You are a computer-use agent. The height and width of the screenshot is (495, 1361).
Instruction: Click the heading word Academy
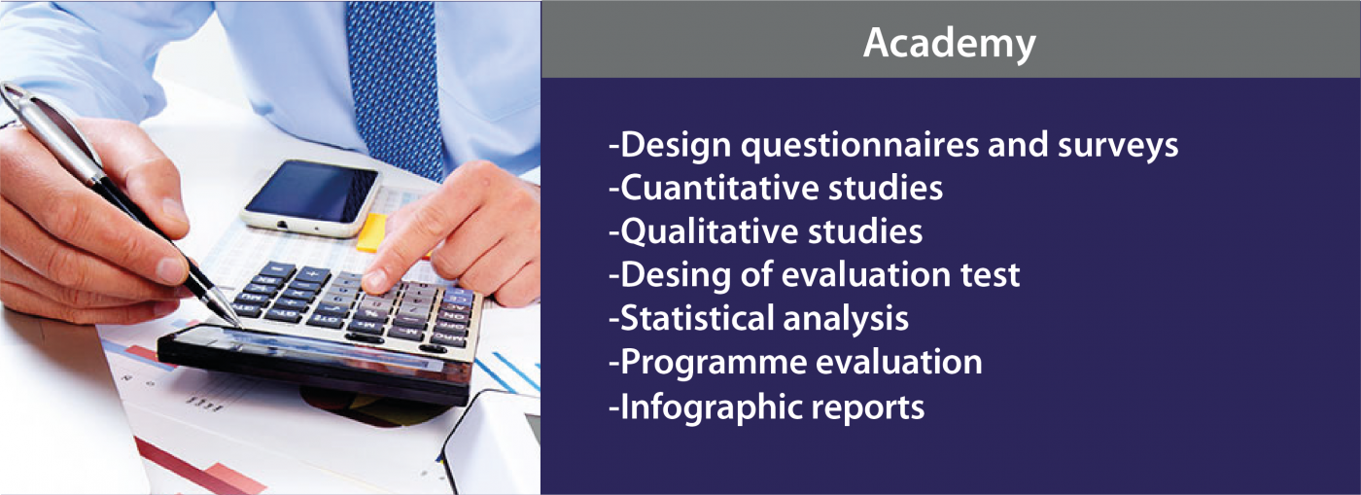[x=949, y=44]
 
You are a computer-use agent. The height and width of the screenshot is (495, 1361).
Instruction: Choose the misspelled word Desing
[x=675, y=276]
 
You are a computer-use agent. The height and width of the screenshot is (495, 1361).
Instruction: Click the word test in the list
[x=990, y=275]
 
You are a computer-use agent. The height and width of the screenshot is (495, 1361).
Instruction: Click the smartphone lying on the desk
[x=311, y=197]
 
